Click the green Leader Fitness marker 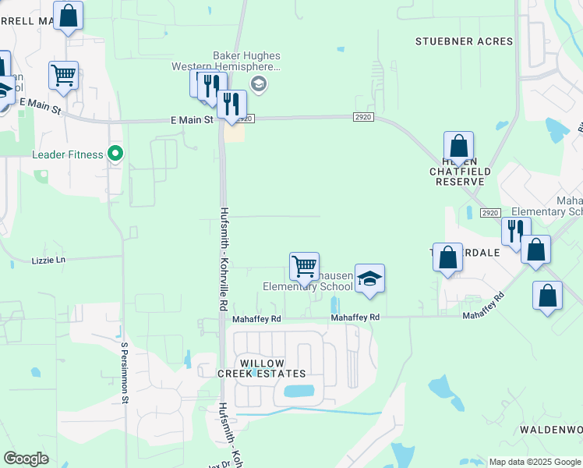[115, 154]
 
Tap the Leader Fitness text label [67, 154]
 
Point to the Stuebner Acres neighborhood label [464, 41]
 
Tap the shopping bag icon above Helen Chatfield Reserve [459, 147]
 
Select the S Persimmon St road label [124, 371]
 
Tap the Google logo [26, 459]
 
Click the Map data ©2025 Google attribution [535, 462]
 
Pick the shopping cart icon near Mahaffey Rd [303, 266]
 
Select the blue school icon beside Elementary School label [369, 278]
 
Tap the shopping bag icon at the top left [68, 16]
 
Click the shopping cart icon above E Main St [63, 76]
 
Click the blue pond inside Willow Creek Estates [299, 391]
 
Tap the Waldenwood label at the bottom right [551, 430]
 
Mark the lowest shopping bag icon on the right [548, 296]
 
